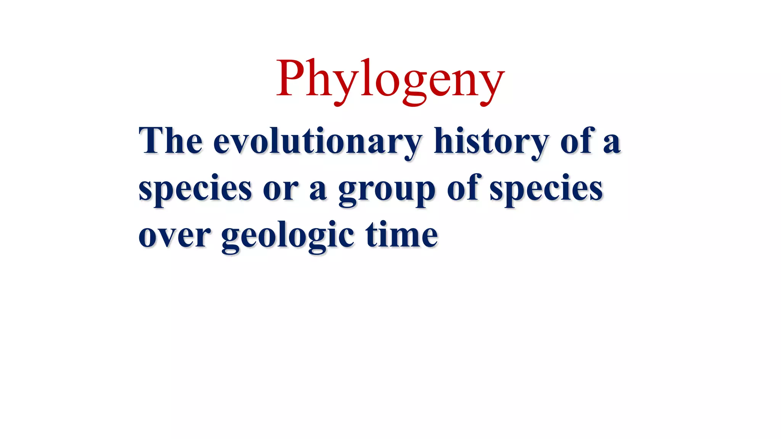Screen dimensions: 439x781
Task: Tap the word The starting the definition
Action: click(x=170, y=141)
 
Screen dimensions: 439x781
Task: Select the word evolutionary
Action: click(x=318, y=142)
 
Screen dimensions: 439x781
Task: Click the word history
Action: click(x=492, y=142)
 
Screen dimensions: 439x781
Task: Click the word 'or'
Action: click(x=281, y=189)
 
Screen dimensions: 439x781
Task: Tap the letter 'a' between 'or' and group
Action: click(x=318, y=190)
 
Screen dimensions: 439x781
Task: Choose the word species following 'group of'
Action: click(x=546, y=189)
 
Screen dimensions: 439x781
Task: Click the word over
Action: click(x=174, y=236)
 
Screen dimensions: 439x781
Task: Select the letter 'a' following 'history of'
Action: click(x=612, y=143)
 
